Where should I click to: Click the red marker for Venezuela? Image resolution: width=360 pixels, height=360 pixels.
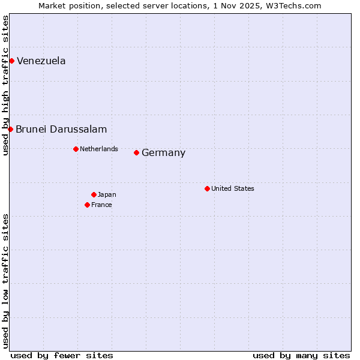(x=11, y=61)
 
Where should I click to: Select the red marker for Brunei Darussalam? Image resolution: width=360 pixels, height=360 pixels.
(x=10, y=129)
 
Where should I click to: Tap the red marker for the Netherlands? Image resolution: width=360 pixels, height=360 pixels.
(x=76, y=149)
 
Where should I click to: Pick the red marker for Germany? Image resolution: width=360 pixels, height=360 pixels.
(x=136, y=152)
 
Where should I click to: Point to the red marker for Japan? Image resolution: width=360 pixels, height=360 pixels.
(x=94, y=194)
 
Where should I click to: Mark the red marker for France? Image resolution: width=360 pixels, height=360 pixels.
(x=87, y=205)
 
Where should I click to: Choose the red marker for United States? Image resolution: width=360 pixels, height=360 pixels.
(x=207, y=188)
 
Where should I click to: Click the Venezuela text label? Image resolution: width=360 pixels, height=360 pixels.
(x=41, y=61)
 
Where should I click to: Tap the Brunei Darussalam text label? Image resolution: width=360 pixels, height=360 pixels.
(x=61, y=129)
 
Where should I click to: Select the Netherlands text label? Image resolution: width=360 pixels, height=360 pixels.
(x=99, y=149)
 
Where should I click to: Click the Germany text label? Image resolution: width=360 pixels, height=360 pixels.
(x=163, y=152)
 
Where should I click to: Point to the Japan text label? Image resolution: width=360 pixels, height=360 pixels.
(x=107, y=194)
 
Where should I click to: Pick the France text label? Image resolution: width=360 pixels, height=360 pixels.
(x=101, y=205)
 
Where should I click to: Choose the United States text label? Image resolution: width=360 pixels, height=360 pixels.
(x=233, y=188)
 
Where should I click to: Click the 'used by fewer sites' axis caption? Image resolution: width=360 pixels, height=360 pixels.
(x=62, y=355)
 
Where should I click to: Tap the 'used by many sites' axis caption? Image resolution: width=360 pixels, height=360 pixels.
(x=301, y=355)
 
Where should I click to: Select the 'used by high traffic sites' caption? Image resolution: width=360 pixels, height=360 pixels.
(x=5, y=85)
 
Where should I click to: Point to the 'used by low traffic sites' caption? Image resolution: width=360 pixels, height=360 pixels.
(x=5, y=281)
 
